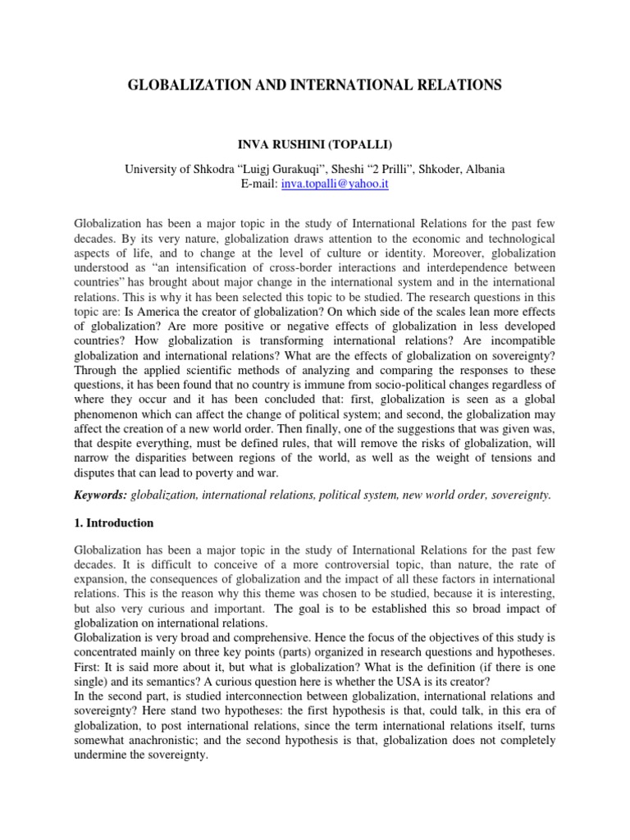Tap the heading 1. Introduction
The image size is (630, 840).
tap(113, 523)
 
